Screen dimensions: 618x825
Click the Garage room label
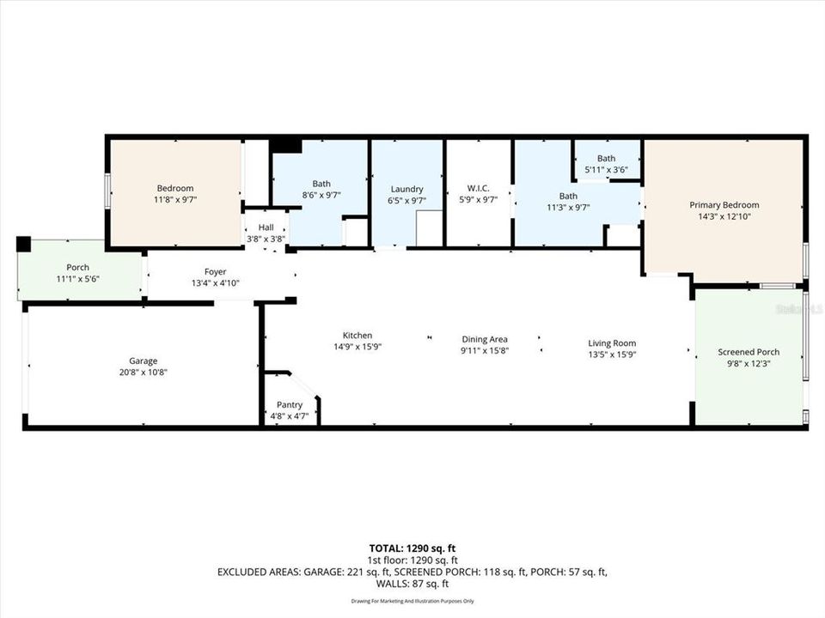(144, 360)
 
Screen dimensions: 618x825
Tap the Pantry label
(289, 404)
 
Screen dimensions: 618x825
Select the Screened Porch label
(749, 352)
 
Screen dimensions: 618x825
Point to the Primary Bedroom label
(724, 205)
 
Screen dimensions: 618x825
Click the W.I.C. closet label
(479, 189)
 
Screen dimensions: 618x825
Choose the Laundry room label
(406, 189)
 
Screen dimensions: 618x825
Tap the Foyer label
(215, 271)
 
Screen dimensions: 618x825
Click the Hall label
(266, 227)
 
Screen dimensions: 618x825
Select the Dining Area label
(485, 339)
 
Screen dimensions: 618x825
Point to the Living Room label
(612, 343)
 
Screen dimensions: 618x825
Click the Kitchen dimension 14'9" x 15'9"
(357, 347)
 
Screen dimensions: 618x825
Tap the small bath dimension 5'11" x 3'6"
(607, 170)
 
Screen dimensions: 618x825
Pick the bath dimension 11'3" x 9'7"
(568, 207)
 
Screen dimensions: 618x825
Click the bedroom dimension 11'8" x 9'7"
(174, 200)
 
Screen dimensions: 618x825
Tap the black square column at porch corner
(23, 244)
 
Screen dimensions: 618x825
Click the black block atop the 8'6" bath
(286, 146)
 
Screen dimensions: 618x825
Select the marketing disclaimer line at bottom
(412, 599)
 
